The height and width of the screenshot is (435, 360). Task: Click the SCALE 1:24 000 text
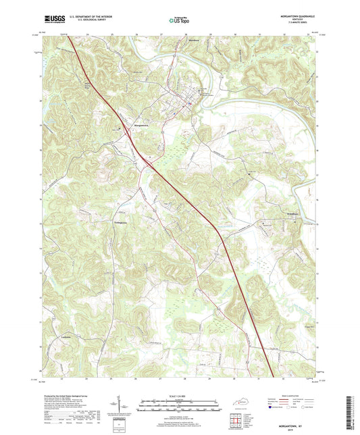point(180,396)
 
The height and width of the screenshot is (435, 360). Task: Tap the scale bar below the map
point(180,407)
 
